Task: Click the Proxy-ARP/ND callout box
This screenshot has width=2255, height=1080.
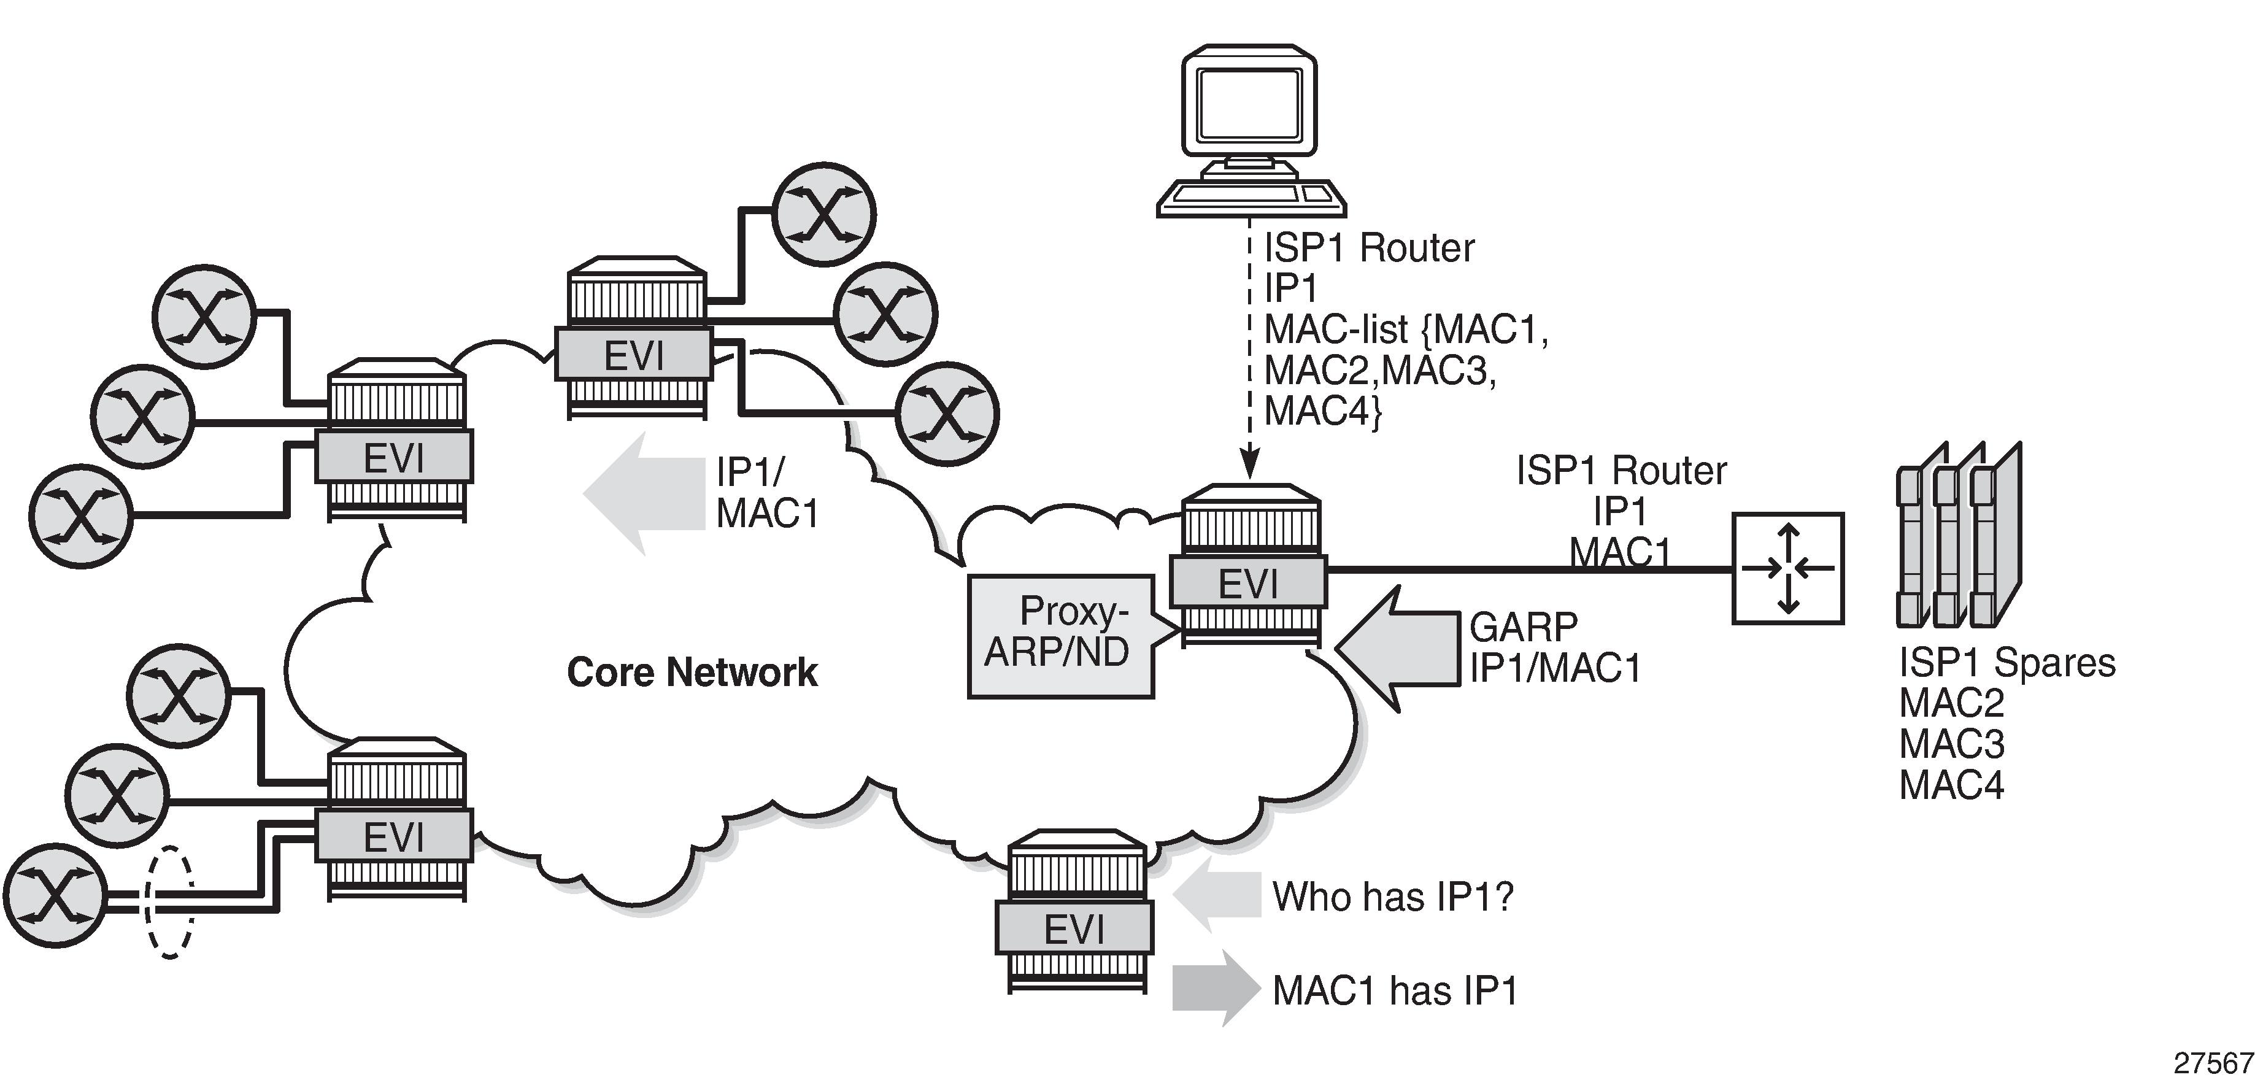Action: click(x=1059, y=636)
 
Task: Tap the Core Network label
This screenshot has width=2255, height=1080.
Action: click(x=692, y=672)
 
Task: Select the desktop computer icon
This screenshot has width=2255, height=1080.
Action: click(x=1250, y=131)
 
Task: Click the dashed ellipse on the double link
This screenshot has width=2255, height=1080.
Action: click(x=169, y=901)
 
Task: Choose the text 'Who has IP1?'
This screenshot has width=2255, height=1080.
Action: click(x=1392, y=896)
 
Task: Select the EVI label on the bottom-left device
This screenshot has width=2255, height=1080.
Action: click(x=394, y=838)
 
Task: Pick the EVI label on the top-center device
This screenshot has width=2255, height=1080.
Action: click(x=634, y=355)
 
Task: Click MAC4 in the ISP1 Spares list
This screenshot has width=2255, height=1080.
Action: click(x=1951, y=785)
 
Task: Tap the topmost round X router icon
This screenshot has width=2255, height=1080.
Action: click(x=823, y=214)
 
